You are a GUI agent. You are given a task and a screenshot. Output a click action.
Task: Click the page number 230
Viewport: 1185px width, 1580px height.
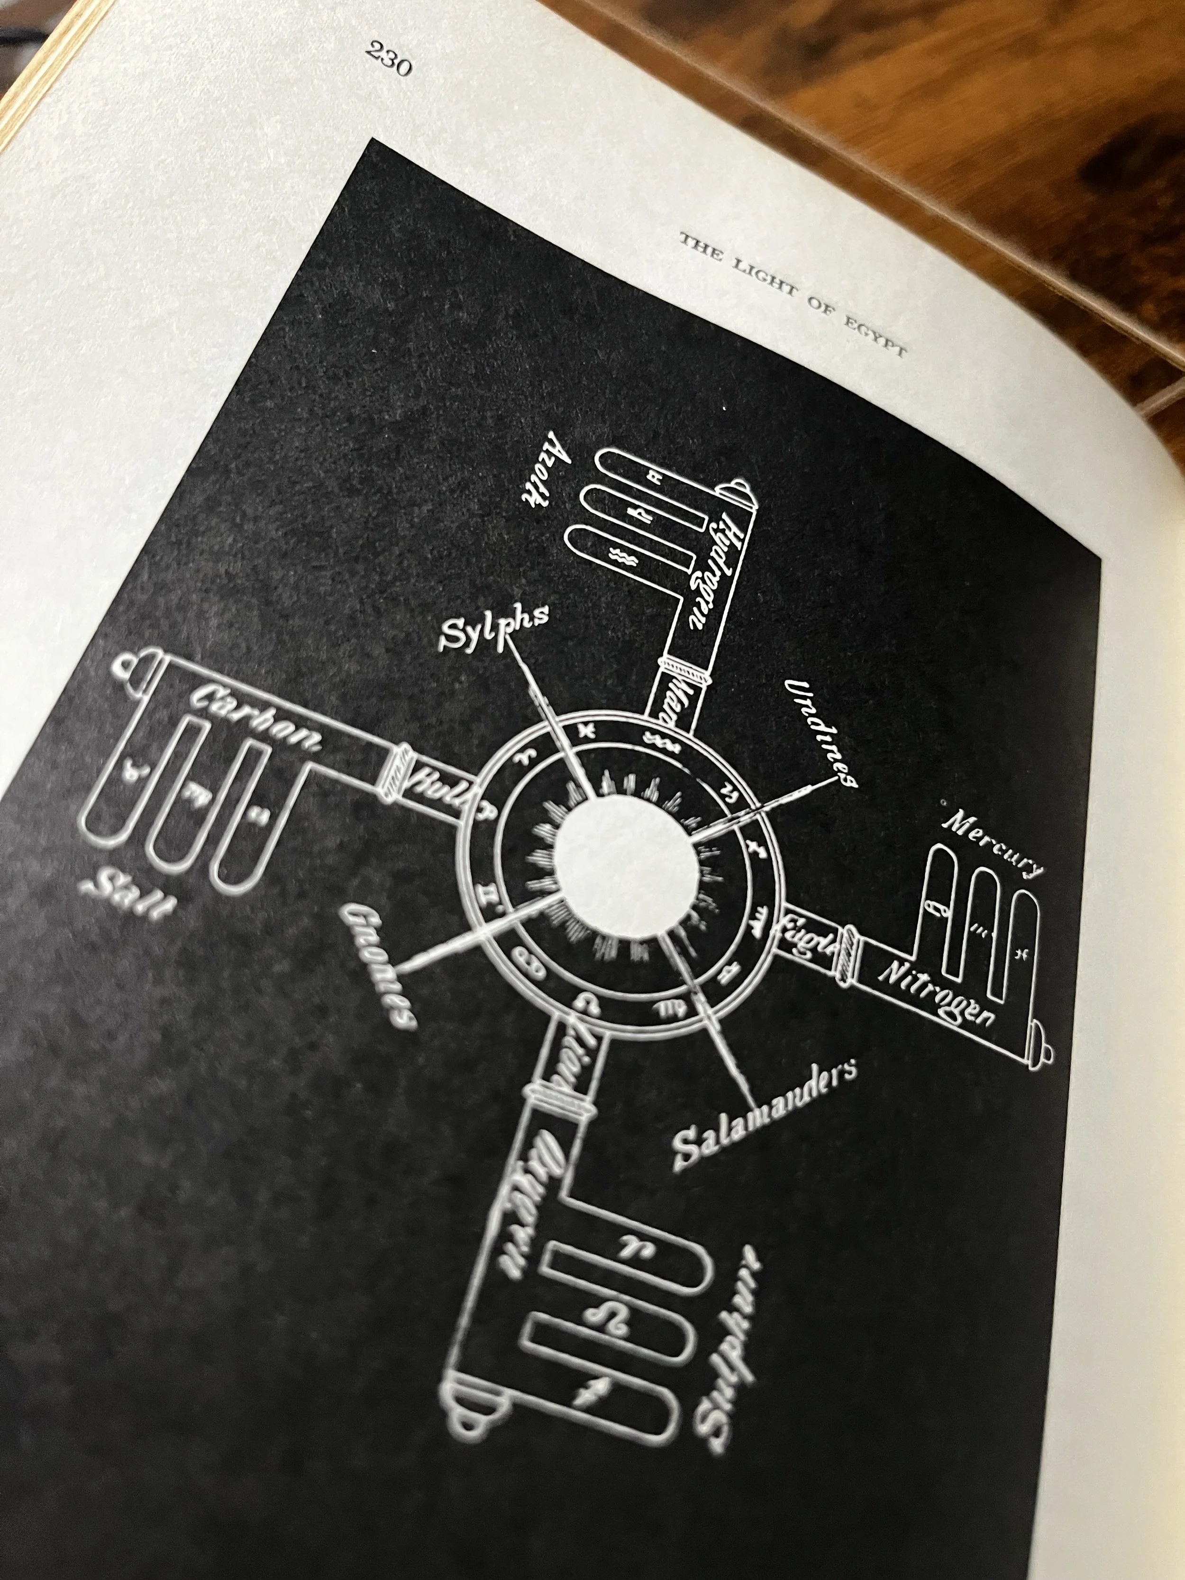tap(389, 58)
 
